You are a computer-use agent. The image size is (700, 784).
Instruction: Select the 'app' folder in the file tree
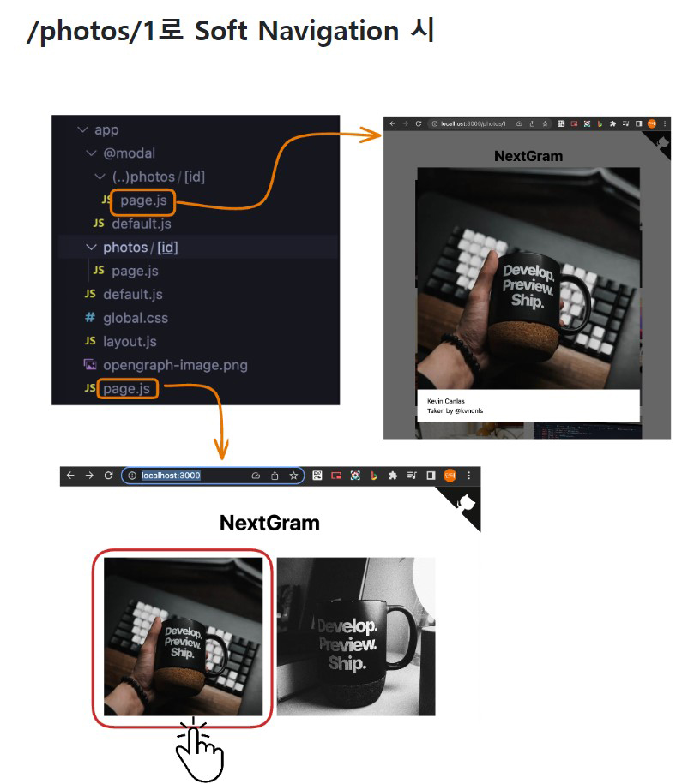[106, 130]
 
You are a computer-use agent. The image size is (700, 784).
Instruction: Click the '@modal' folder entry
[129, 153]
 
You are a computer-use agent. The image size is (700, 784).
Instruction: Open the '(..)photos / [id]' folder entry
[158, 177]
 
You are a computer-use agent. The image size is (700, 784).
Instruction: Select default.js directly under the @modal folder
[141, 224]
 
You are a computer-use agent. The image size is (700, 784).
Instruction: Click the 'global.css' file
[135, 318]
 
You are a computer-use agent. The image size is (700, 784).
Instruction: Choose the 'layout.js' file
[130, 341]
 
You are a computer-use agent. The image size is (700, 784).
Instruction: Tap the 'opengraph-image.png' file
[175, 365]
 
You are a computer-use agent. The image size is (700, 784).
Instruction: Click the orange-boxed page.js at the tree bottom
[127, 389]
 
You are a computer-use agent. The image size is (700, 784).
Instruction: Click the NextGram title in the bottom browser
[269, 523]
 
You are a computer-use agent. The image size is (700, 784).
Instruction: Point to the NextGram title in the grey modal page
[528, 156]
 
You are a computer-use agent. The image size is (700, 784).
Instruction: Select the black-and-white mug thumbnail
[355, 637]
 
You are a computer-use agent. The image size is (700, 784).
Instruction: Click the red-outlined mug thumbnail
[183, 637]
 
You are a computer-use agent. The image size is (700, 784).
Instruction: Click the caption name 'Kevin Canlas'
[446, 401]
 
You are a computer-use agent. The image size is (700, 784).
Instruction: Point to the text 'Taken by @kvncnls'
[455, 411]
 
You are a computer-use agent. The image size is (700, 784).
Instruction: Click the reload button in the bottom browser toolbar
[109, 476]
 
